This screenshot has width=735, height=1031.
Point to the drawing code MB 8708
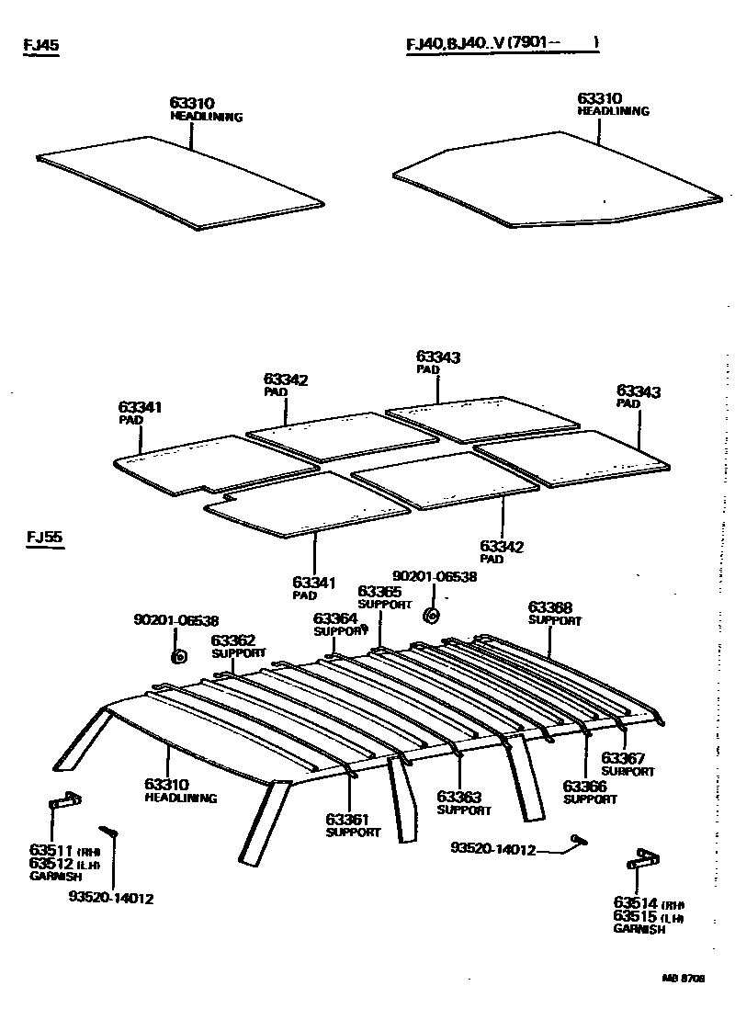(683, 980)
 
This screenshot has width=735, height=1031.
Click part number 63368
(550, 607)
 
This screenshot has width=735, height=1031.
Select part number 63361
(347, 819)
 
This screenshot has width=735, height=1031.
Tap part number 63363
(458, 797)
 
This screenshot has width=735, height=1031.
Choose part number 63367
(623, 758)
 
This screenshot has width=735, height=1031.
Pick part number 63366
(584, 787)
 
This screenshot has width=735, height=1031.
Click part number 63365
(379, 591)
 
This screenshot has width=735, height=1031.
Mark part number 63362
(233, 640)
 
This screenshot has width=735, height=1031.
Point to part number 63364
(335, 618)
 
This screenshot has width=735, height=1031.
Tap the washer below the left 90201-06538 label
(179, 656)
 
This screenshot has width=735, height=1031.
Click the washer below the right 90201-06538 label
(431, 614)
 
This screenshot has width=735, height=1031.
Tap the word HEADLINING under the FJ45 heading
(206, 118)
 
